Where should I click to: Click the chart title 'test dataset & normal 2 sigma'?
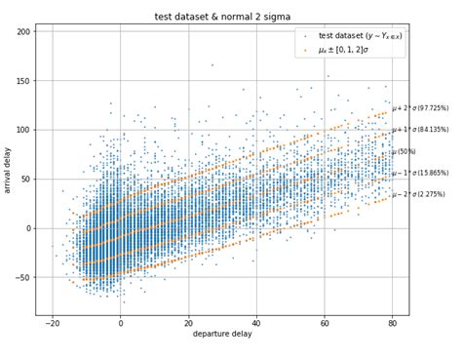click(x=222, y=17)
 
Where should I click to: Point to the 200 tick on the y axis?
click(x=24, y=31)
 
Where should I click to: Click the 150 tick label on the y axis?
click(x=24, y=81)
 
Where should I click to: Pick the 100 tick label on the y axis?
click(x=24, y=130)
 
